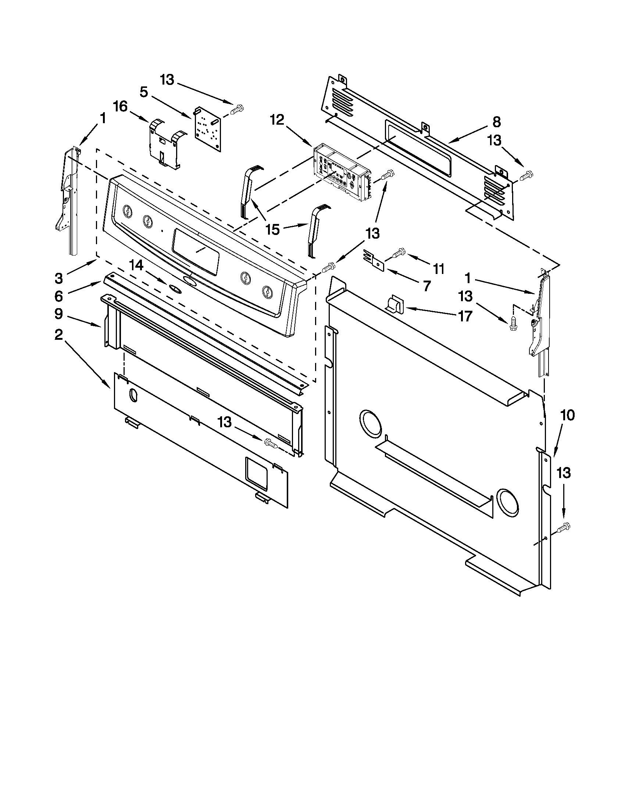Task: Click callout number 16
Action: pos(121,106)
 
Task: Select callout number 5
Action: pos(144,92)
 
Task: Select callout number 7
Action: pos(426,286)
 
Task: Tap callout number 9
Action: pos(59,314)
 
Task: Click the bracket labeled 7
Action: pos(374,259)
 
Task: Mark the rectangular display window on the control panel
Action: pos(195,251)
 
